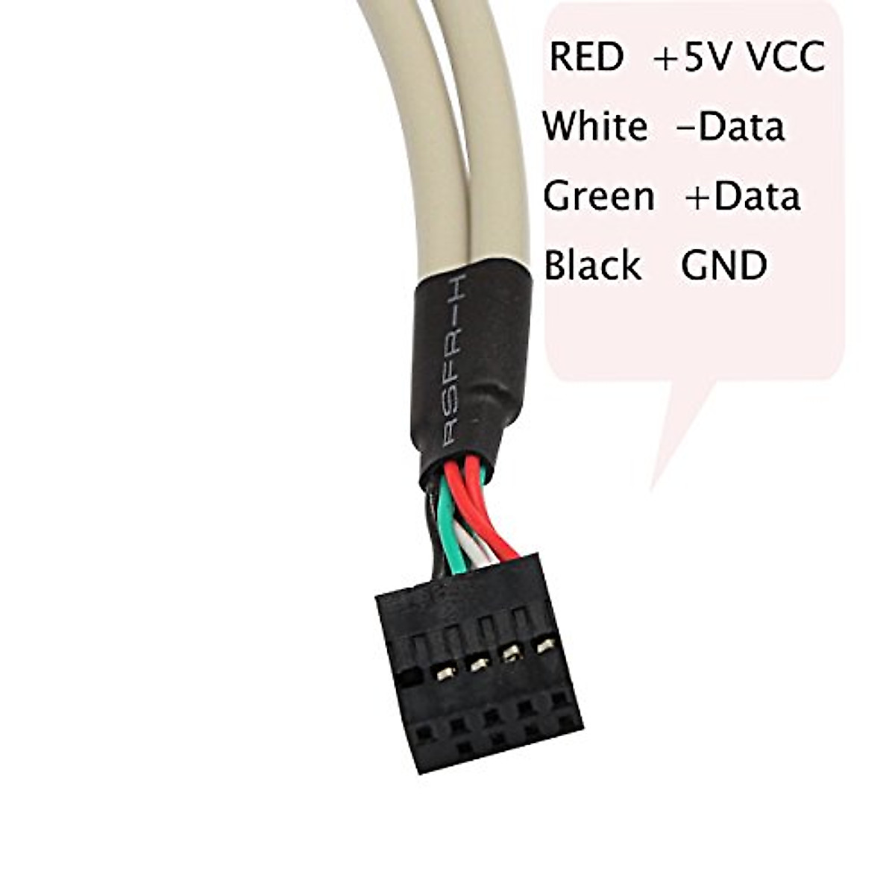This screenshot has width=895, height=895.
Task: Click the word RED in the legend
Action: (x=586, y=57)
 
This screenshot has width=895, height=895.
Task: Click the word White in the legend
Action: (x=595, y=126)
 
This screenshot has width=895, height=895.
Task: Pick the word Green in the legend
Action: (x=599, y=196)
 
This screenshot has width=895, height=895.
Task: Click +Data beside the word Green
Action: (x=743, y=196)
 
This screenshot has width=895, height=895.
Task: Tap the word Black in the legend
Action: (x=593, y=264)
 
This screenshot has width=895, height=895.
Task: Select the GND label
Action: (x=723, y=266)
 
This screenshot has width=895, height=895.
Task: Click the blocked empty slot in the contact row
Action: (x=410, y=679)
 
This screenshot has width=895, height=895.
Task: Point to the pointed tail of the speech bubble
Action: (x=650, y=491)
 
